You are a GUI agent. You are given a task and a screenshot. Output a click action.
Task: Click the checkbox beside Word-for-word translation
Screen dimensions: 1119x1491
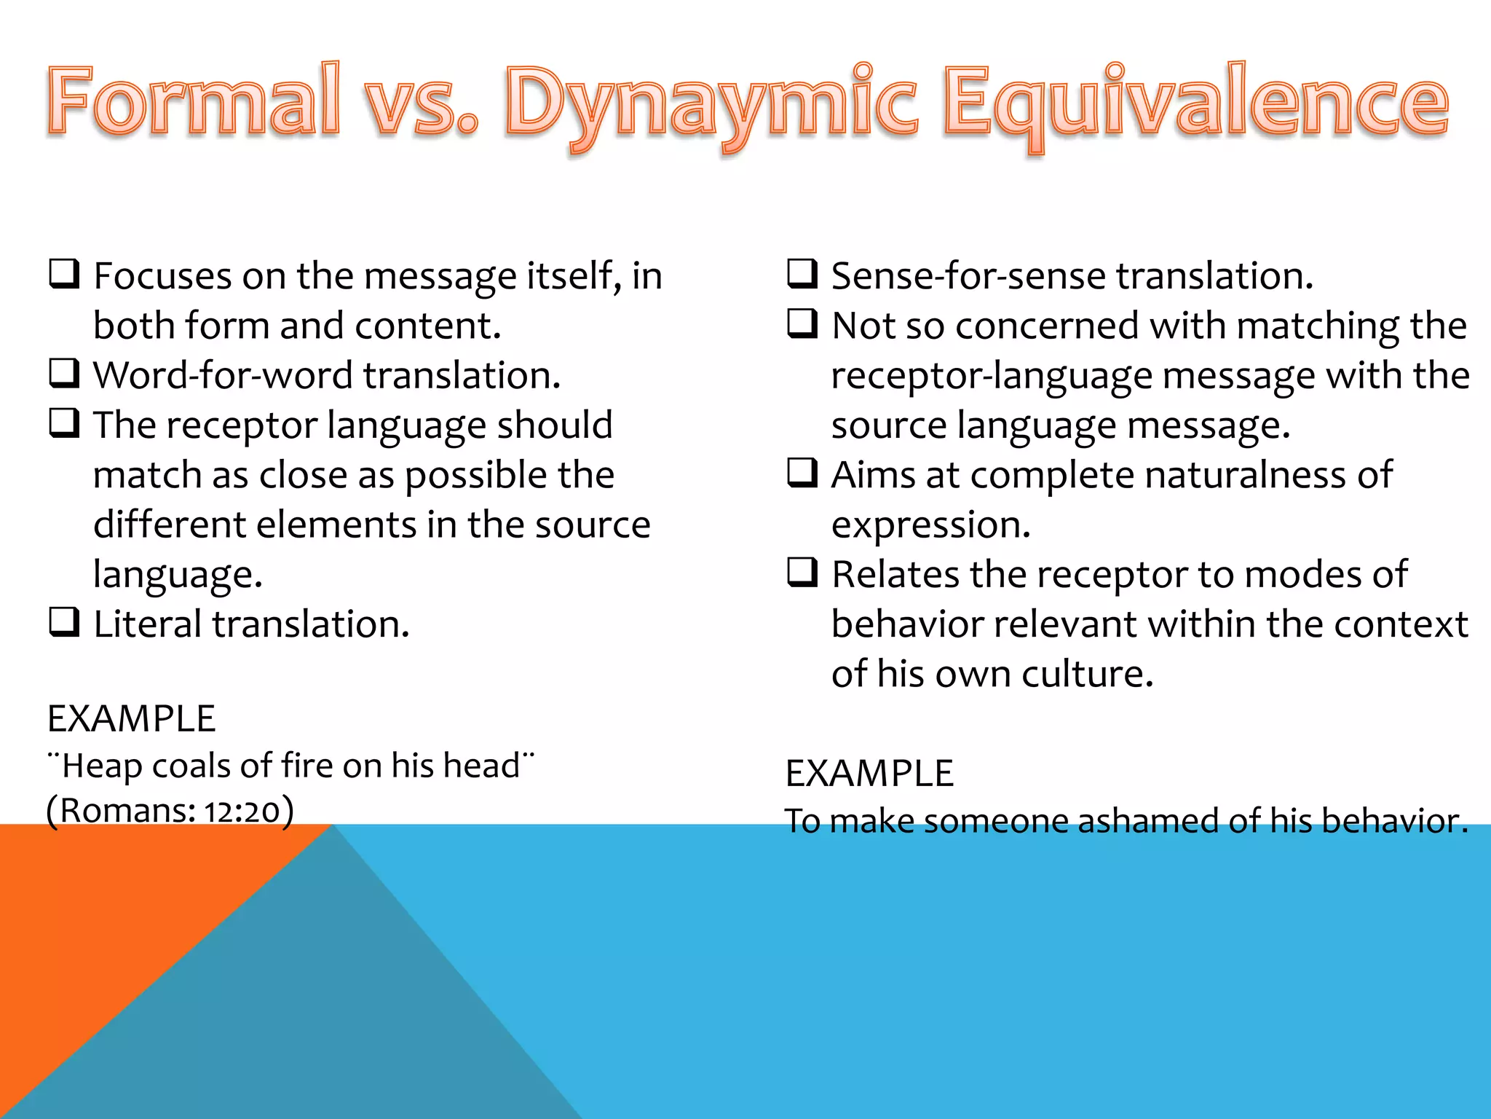pos(64,374)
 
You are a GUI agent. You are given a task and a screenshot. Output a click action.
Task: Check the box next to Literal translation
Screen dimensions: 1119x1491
pos(64,623)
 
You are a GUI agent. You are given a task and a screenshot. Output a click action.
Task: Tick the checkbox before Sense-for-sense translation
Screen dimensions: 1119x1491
pos(802,275)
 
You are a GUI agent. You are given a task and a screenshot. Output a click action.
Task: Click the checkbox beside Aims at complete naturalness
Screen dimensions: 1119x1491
pos(802,474)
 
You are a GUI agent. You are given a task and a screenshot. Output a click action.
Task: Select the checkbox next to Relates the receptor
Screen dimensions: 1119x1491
pos(802,573)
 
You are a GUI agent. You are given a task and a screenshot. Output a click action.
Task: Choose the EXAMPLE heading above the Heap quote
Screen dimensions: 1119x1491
pos(132,719)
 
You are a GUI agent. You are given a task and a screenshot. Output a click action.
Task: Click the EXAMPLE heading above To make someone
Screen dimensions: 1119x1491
pos(869,773)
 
